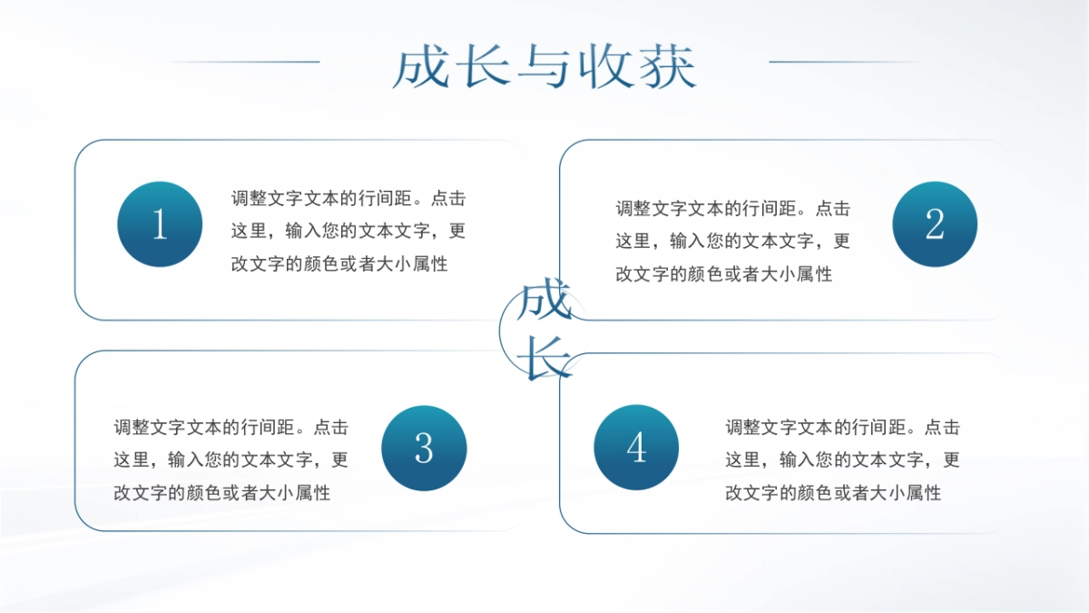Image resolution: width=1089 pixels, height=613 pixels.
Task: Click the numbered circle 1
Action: coord(160,224)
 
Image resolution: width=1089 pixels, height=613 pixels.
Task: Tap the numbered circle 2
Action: coord(935,224)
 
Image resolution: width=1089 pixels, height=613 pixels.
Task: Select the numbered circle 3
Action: coord(424,449)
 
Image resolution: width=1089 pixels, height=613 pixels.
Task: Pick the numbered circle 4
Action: coord(636,448)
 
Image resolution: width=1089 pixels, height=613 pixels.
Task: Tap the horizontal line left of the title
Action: coord(245,62)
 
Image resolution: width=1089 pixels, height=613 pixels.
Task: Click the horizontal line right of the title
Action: coord(844,62)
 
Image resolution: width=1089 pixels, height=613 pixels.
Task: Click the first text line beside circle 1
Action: coord(348,198)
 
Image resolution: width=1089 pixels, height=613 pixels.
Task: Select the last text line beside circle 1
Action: coord(339,265)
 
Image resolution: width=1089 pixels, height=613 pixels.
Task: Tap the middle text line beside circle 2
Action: coord(733,242)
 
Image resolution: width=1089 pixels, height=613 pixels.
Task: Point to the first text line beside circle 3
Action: coord(231,427)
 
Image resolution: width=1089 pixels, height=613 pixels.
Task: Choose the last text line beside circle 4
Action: coord(832,493)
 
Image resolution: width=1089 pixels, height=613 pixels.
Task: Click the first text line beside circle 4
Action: coord(842,427)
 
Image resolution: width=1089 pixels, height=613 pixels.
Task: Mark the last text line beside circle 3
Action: coord(221,493)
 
